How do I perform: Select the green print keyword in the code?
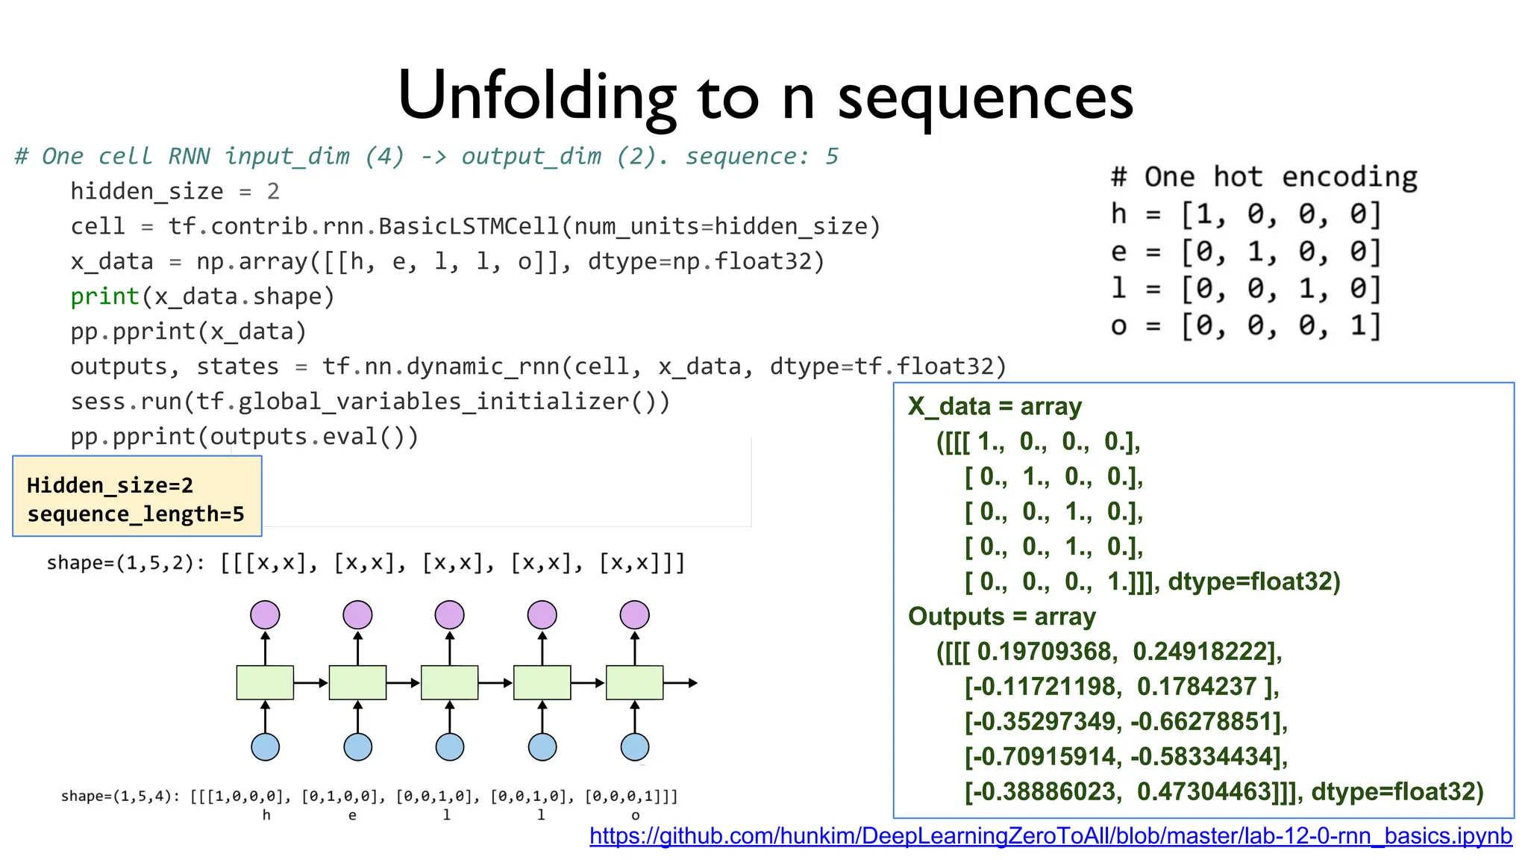[104, 297]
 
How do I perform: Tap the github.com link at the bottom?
[1050, 836]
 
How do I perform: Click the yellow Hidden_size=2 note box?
[137, 496]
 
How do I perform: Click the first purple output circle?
[265, 615]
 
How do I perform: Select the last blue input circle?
[635, 747]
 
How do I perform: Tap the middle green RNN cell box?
[450, 682]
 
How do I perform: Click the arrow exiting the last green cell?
[680, 682]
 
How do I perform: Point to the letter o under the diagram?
[636, 815]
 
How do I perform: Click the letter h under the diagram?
[266, 815]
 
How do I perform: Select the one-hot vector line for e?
[1246, 252]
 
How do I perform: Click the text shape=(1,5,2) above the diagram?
[124, 563]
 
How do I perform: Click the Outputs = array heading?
[1001, 617]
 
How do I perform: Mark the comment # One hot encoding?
[1264, 178]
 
